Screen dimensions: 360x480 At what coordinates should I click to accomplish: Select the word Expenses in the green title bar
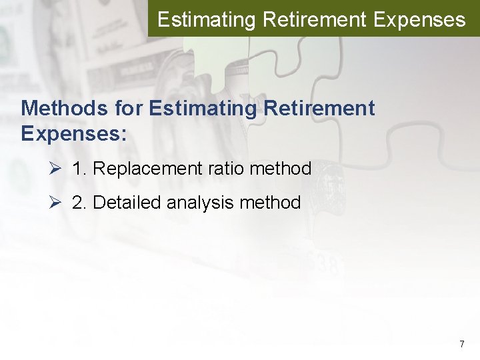[x=419, y=19]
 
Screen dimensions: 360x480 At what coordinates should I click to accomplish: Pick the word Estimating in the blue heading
[x=200, y=107]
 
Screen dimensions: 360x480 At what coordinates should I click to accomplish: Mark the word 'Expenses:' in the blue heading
[x=73, y=133]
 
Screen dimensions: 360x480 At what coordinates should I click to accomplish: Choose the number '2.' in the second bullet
[x=79, y=202]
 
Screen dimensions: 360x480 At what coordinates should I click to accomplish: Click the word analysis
[x=201, y=202]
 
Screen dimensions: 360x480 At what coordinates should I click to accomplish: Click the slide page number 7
[x=461, y=345]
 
